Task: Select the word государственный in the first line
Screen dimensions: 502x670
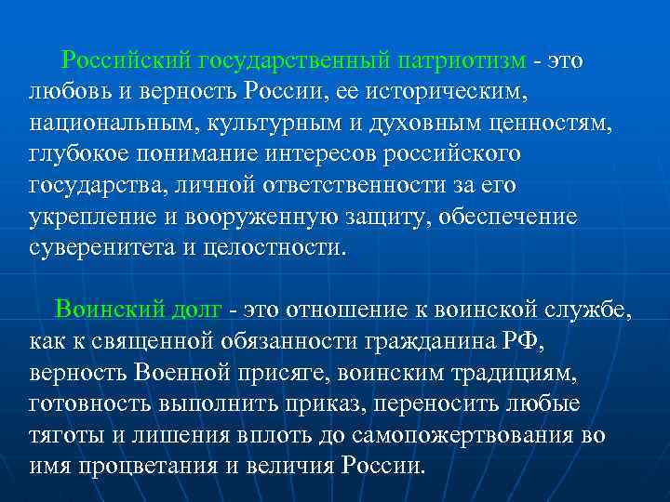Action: pos(293,61)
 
